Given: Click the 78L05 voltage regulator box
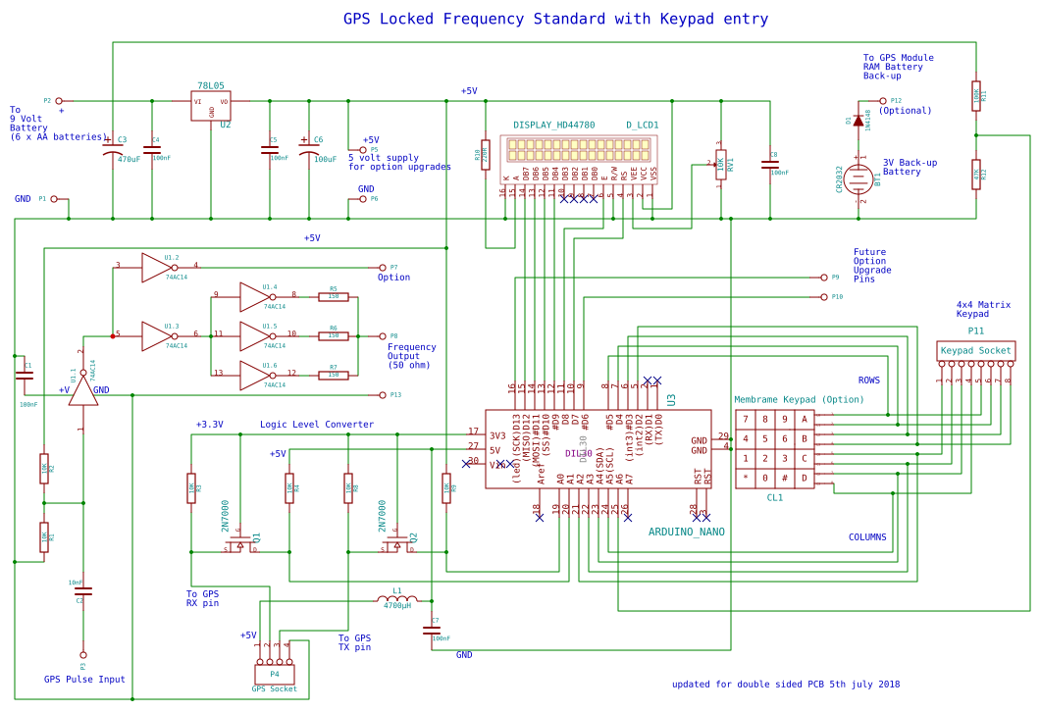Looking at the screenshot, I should pyautogui.click(x=211, y=106).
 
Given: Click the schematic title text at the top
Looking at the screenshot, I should pyautogui.click(x=555, y=19).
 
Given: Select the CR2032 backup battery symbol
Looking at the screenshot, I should pyautogui.click(x=858, y=178).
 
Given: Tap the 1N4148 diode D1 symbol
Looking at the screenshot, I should pyautogui.click(x=858, y=121).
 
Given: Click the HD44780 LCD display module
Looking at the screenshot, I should pyautogui.click(x=582, y=150).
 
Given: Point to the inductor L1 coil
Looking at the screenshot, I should pyautogui.click(x=397, y=600).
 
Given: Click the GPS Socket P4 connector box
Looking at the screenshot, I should pyautogui.click(x=275, y=674).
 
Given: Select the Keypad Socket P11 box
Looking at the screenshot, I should pyautogui.click(x=975, y=350).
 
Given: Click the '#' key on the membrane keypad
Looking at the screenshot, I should pyautogui.click(x=785, y=478).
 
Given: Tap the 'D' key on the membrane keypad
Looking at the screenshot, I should pyautogui.click(x=805, y=478).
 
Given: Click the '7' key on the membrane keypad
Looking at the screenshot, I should pyautogui.click(x=746, y=419).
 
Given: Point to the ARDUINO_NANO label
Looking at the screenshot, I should pyautogui.click(x=687, y=532).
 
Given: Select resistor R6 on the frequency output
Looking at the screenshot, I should pyautogui.click(x=334, y=335).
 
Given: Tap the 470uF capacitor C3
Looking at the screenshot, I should pyautogui.click(x=113, y=152).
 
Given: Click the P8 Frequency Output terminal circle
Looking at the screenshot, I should pyautogui.click(x=383, y=335).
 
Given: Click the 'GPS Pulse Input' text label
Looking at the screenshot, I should pyautogui.click(x=84, y=679).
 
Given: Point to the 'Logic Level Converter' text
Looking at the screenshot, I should pyautogui.click(x=317, y=425).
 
